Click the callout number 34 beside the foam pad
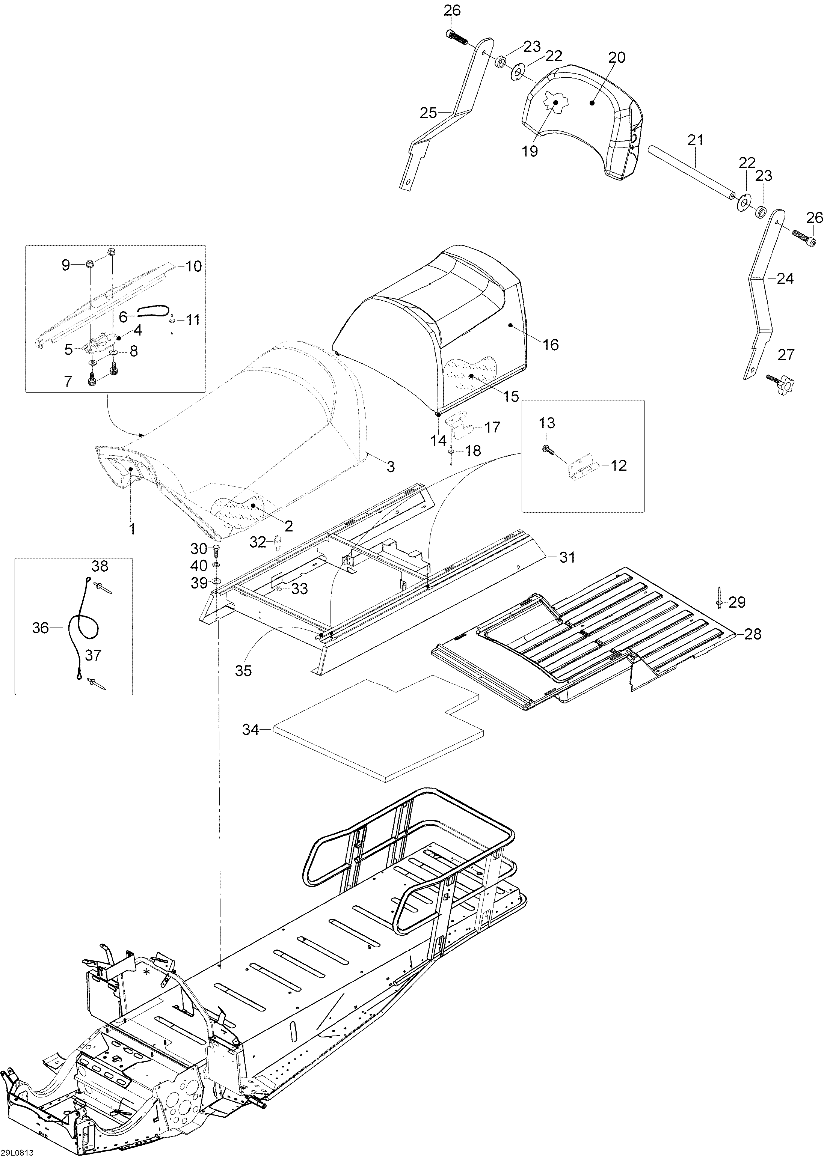250,730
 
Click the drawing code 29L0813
17,1153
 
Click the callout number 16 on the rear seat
551,345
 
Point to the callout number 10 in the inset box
193,266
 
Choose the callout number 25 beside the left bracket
429,113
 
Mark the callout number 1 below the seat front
132,529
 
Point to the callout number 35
243,671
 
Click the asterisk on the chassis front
147,973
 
